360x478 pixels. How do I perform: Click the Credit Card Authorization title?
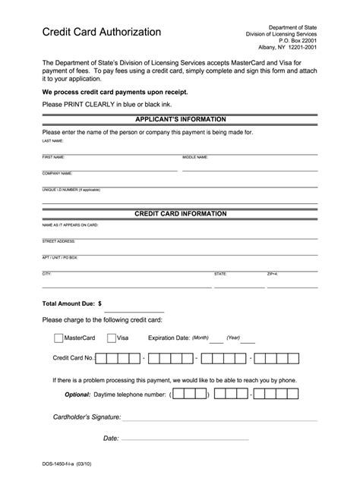click(x=101, y=32)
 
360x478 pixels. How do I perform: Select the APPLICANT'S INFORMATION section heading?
click(x=180, y=120)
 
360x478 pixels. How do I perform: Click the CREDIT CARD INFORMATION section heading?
click(x=180, y=214)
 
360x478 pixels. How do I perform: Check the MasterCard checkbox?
click(x=58, y=338)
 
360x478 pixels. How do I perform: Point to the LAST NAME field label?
click(x=52, y=141)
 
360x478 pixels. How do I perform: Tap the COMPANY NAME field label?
click(x=56, y=173)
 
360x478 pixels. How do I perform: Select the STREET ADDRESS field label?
click(x=58, y=241)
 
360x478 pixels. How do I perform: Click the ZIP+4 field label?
click(x=272, y=272)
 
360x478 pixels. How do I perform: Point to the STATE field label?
click(x=220, y=272)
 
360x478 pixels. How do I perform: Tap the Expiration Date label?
click(x=169, y=338)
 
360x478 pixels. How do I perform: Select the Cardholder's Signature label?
click(x=87, y=417)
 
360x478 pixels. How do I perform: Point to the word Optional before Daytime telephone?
click(x=77, y=395)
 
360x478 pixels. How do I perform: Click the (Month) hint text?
click(x=201, y=338)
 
